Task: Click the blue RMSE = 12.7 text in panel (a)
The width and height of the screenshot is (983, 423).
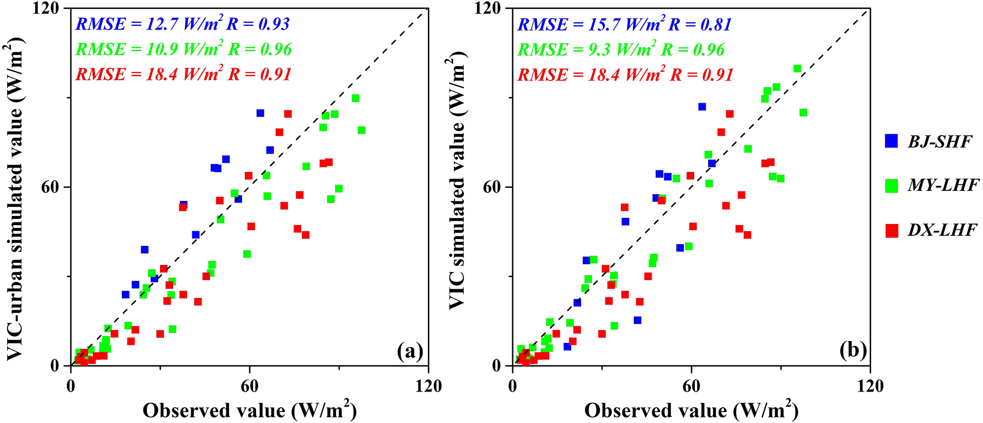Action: pyautogui.click(x=183, y=24)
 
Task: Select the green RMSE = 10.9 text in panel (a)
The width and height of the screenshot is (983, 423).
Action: pyautogui.click(x=184, y=49)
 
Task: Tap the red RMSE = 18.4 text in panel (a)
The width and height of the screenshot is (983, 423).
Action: pyautogui.click(x=183, y=74)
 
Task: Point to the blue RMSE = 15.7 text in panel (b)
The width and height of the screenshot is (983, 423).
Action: pyautogui.click(x=624, y=24)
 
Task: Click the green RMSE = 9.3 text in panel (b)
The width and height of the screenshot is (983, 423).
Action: pyautogui.click(x=621, y=49)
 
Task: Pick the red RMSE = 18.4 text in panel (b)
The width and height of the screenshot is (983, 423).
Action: pyautogui.click(x=625, y=75)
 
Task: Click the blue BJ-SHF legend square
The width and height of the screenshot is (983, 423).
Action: pyautogui.click(x=891, y=141)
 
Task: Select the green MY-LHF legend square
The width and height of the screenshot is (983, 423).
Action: pyautogui.click(x=891, y=186)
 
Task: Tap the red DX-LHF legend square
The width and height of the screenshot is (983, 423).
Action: pyautogui.click(x=891, y=231)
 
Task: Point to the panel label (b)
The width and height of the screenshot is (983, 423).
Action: pyautogui.click(x=853, y=351)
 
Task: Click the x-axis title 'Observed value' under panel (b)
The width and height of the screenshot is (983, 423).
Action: pyautogui.click(x=691, y=410)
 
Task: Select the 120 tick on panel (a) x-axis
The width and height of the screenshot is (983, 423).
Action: pyautogui.click(x=428, y=386)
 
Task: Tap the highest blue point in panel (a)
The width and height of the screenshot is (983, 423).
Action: pyautogui.click(x=260, y=113)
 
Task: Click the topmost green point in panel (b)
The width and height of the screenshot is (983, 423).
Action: pyautogui.click(x=798, y=69)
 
